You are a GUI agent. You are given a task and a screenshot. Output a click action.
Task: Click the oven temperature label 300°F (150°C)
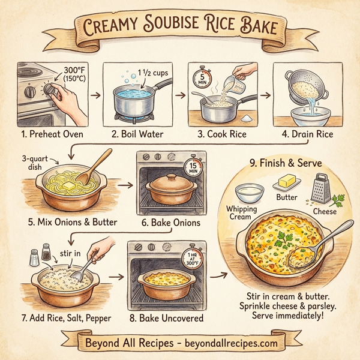tap(74, 76)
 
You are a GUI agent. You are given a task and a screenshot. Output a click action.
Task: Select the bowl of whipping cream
tap(249, 193)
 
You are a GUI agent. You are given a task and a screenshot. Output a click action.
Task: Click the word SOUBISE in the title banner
tap(180, 26)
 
